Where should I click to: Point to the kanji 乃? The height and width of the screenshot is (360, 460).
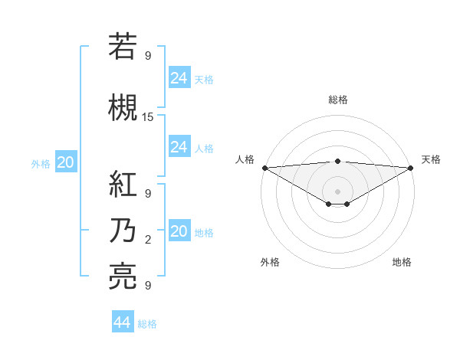[x=123, y=231]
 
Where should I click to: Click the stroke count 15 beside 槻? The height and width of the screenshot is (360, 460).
[x=148, y=117]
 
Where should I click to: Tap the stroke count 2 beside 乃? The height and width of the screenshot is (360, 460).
[x=148, y=241]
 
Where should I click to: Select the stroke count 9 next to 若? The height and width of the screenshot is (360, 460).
[x=148, y=56]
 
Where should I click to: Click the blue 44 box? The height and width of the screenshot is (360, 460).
[x=123, y=322]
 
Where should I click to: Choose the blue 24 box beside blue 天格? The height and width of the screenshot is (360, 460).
[x=179, y=78]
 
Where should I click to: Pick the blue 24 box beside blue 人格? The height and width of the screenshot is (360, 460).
[x=179, y=147]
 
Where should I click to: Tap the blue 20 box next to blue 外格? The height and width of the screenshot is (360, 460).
[x=66, y=162]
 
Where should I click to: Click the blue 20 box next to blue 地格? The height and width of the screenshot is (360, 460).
[x=179, y=231]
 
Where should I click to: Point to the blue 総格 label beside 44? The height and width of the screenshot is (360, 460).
[x=147, y=324]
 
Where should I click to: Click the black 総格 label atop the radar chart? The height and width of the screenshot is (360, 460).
[x=337, y=100]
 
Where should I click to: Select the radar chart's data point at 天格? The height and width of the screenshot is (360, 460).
[x=411, y=168]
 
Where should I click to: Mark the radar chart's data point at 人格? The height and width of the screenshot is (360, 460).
[x=264, y=168]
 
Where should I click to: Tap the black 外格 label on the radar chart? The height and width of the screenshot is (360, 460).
[x=270, y=262]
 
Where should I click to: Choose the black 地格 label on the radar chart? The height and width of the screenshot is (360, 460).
[x=402, y=262]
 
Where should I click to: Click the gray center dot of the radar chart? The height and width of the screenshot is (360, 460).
[x=337, y=191]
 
